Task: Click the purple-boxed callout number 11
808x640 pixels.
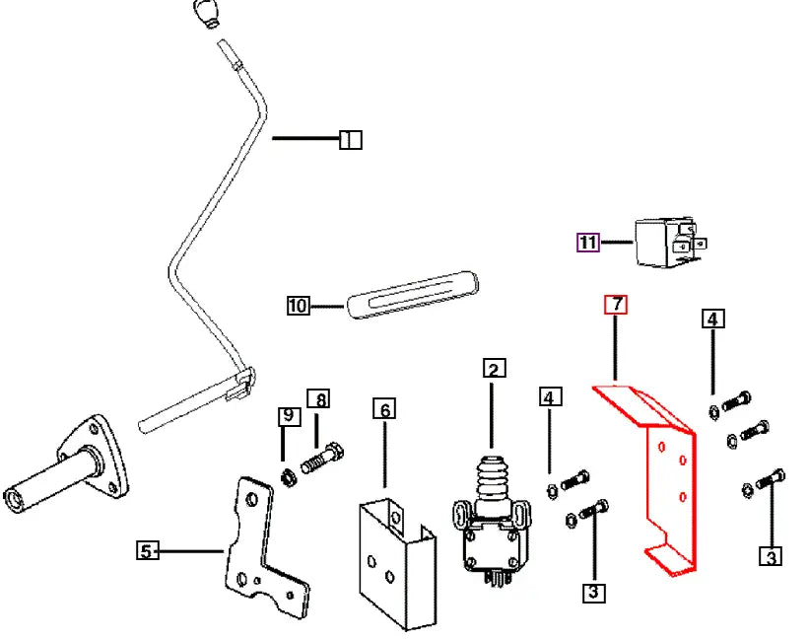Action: coord(588,243)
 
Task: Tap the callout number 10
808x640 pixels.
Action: coord(298,306)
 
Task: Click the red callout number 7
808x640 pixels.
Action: coord(615,305)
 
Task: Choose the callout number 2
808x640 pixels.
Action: coord(494,370)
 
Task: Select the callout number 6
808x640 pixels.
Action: coord(383,408)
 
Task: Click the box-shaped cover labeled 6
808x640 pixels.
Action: coord(394,562)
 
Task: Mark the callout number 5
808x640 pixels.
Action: coord(146,550)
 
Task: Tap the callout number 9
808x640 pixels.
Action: coord(288,416)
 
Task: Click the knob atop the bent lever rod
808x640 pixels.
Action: coord(205,15)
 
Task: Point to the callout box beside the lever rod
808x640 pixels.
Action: coord(350,140)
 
